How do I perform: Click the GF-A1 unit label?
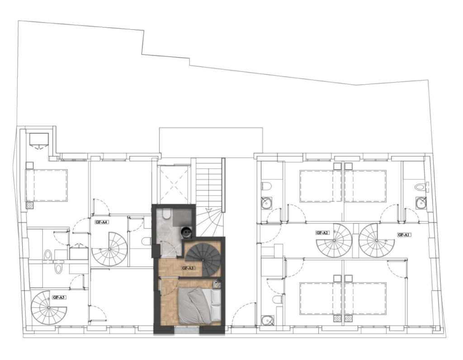404,235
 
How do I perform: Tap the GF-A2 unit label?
322,233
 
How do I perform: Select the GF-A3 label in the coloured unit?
188,268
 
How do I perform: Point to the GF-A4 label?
101,222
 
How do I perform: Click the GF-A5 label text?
58,298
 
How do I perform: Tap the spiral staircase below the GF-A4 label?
109,249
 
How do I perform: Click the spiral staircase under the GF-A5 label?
49,308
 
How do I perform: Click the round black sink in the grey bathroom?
187,232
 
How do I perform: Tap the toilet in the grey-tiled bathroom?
167,214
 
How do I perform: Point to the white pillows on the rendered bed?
216,305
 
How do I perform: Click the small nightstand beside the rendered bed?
217,284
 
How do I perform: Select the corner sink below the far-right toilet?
421,202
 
